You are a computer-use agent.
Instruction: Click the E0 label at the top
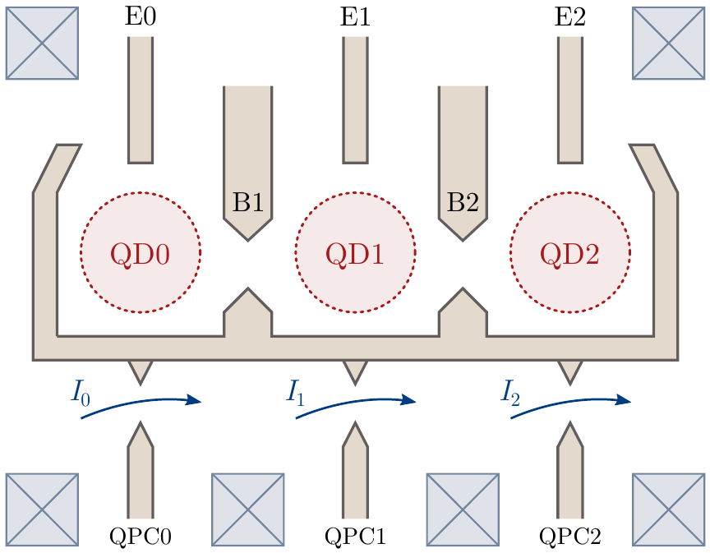click(x=141, y=18)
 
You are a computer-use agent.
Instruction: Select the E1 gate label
click(x=355, y=18)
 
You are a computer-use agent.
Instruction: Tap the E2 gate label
click(x=570, y=18)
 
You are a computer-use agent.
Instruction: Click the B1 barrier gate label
click(x=247, y=202)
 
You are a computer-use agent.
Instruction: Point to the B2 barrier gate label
click(x=463, y=202)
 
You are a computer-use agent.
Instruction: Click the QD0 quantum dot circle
click(x=141, y=253)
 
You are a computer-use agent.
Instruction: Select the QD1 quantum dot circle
click(x=355, y=253)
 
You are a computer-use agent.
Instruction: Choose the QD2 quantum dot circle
click(x=570, y=253)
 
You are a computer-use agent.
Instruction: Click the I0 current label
click(x=81, y=393)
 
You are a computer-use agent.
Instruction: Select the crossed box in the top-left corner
click(x=42, y=44)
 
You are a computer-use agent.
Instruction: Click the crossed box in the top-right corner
click(x=667, y=44)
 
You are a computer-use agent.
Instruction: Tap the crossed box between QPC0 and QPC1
click(x=247, y=509)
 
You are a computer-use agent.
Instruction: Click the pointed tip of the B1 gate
click(x=247, y=239)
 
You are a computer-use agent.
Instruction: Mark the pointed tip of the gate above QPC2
click(x=570, y=426)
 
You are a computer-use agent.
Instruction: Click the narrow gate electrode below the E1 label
click(x=355, y=99)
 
